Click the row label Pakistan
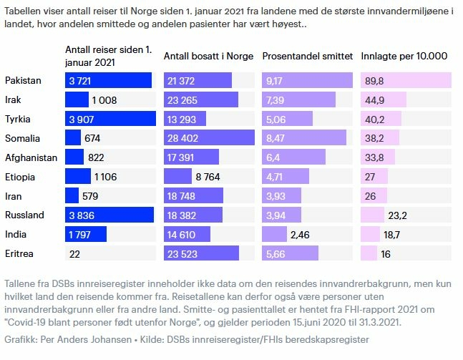[x=23, y=80]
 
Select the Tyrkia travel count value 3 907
[x=83, y=119]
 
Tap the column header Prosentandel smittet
[x=307, y=57]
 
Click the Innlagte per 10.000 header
[x=404, y=57]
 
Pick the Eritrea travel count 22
[x=75, y=253]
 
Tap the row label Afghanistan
[x=30, y=157]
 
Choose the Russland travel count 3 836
[x=83, y=215]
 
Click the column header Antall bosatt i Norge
[x=208, y=57]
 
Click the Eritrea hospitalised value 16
[x=386, y=253]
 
